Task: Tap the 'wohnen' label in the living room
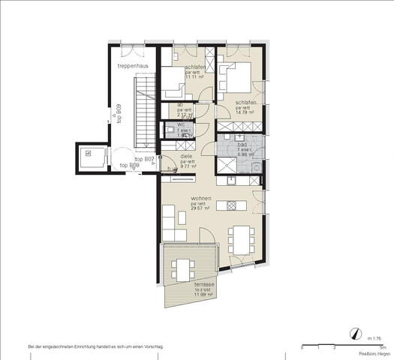[200, 199]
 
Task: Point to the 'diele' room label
[187, 156]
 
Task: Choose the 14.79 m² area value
[245, 112]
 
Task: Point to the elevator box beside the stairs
[89, 157]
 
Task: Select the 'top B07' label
[144, 159]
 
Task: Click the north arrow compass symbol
[353, 333]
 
